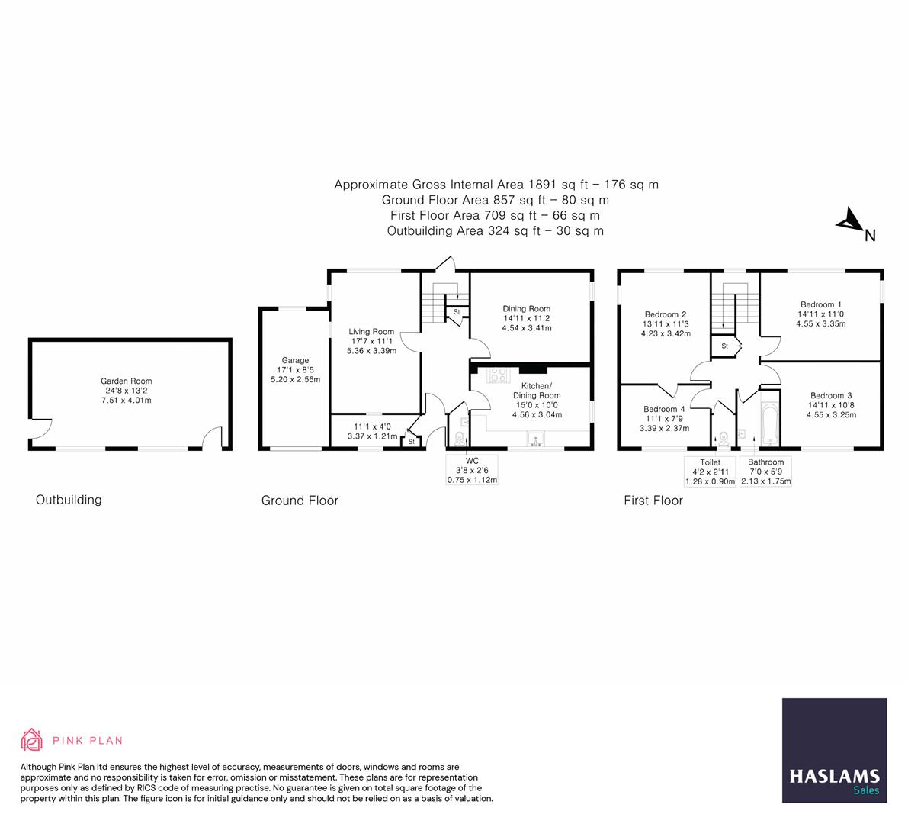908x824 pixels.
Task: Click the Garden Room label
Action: click(x=127, y=381)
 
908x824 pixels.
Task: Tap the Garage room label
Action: click(x=296, y=360)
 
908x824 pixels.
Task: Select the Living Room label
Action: click(x=371, y=332)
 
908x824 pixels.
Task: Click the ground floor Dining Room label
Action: click(x=526, y=309)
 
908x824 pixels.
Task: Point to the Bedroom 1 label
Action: click(x=820, y=304)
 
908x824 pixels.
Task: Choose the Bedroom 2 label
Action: click(x=666, y=314)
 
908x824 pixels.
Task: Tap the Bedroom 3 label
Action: click(x=831, y=395)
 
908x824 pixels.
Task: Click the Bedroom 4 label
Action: click(x=664, y=409)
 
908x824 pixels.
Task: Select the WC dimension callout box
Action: click(x=472, y=470)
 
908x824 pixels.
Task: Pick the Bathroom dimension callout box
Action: click(x=766, y=472)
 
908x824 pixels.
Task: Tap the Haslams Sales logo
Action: click(x=835, y=750)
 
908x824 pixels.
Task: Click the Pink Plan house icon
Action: click(x=32, y=739)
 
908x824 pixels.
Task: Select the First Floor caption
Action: click(x=653, y=501)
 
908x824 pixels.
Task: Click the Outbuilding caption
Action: click(x=69, y=500)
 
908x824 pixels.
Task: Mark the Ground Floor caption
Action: click(x=300, y=501)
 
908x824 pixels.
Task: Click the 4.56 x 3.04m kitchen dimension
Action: click(x=537, y=415)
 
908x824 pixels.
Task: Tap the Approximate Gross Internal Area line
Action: click(x=496, y=185)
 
